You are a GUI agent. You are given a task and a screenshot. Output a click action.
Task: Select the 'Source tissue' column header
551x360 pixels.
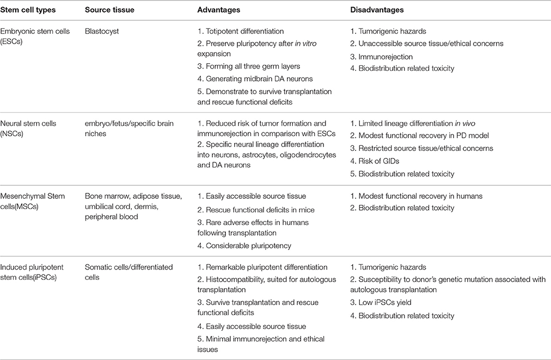pos(110,10)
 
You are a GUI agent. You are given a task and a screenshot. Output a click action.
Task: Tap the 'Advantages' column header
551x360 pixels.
pos(219,10)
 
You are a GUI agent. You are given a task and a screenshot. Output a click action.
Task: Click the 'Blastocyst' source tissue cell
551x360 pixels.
pos(102,32)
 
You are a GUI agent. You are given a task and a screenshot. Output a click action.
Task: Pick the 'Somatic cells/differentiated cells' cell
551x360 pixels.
pos(128,273)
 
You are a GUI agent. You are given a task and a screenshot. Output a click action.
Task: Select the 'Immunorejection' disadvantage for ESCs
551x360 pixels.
pos(378,56)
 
